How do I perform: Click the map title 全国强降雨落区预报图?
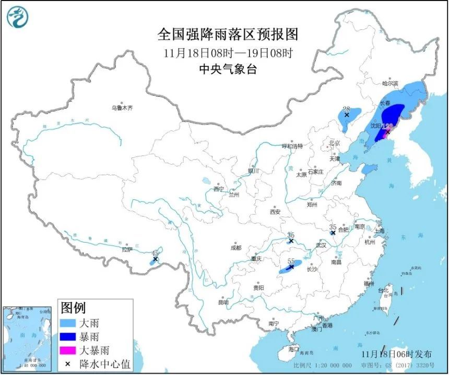click(228, 35)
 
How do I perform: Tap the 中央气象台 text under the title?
click(228, 69)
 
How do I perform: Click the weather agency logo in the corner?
click(17, 18)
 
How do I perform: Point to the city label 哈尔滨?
click(390, 83)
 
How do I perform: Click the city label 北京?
click(335, 143)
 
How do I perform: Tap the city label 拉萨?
click(127, 250)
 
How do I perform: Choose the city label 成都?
click(235, 248)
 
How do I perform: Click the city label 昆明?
click(223, 302)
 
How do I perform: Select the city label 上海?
click(380, 231)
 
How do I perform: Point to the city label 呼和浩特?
click(292, 146)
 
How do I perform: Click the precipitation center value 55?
click(291, 261)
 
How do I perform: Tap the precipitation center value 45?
click(155, 253)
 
